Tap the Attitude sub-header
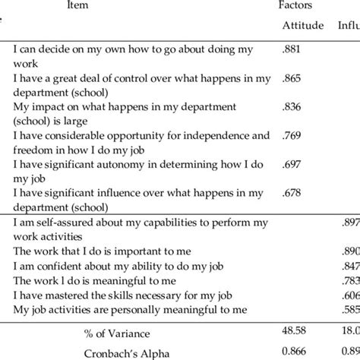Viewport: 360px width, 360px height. (302, 26)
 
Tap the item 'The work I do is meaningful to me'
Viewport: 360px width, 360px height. (95, 280)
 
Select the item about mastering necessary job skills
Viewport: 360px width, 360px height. (118, 295)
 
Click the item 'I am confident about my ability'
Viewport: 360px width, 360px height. (114, 266)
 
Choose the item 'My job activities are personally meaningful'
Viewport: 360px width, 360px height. (131, 309)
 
